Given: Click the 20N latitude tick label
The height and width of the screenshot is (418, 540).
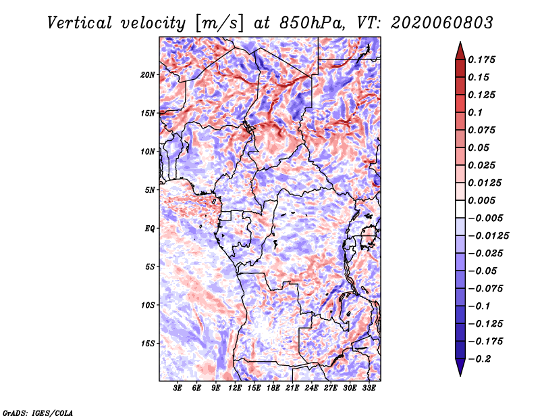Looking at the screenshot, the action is point(147,75).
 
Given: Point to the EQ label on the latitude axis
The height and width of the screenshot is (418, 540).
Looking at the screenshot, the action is point(150,229).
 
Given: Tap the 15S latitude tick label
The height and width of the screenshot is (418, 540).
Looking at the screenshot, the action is point(148,344).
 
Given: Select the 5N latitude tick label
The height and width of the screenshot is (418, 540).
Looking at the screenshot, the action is point(150,190).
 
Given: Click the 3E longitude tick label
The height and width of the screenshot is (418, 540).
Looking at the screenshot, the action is point(178,388).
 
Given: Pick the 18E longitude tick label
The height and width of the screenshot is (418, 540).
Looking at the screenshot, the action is point(273,388).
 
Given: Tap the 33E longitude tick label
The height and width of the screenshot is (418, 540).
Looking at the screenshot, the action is point(369,388).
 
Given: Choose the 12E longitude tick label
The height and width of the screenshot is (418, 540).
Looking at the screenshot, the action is point(235,388).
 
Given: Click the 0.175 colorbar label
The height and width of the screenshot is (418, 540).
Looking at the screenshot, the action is point(481,60).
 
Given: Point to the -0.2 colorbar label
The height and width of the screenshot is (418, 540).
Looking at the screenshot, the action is point(479,359).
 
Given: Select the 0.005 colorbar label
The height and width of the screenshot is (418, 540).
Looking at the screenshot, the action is point(481,200).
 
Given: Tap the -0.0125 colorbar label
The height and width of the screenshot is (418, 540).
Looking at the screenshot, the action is point(488,236).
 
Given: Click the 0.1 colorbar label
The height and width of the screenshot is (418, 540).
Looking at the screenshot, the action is point(475,112).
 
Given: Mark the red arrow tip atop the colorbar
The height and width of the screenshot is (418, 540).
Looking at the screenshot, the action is point(460,43).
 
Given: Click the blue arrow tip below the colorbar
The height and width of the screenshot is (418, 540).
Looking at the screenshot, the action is point(460,376).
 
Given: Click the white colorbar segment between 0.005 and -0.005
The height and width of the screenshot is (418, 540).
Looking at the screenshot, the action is point(460,209).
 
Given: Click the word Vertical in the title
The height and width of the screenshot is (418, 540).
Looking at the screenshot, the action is point(80,23).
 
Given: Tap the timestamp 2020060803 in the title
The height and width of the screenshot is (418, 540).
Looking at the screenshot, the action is point(442,23).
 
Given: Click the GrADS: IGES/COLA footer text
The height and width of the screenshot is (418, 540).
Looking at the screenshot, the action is point(38,413).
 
